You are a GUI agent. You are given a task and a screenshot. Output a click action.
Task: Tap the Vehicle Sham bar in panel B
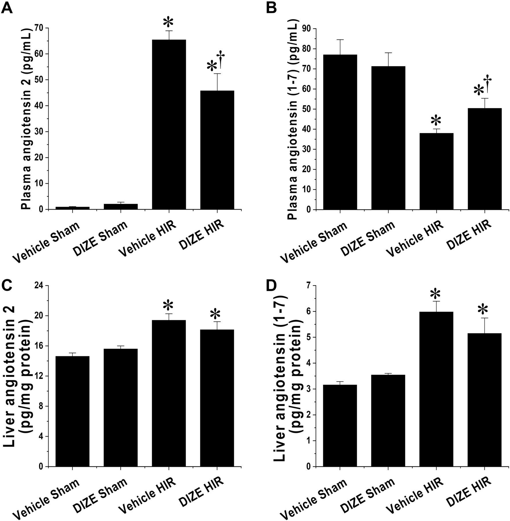click(x=340, y=132)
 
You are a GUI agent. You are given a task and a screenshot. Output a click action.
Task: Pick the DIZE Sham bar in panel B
click(x=388, y=138)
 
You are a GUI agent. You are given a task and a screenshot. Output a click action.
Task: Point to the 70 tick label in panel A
click(x=38, y=28)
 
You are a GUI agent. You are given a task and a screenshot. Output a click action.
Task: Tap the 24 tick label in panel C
click(x=38, y=286)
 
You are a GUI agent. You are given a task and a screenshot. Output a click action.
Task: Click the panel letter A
click(x=7, y=8)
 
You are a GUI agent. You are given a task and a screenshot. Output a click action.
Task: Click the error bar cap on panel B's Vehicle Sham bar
click(x=340, y=40)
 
